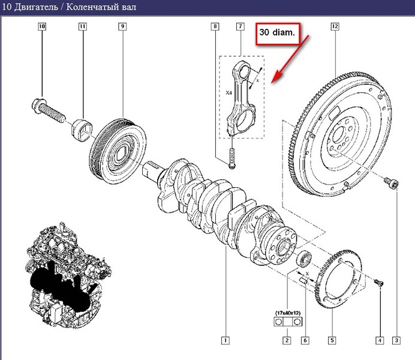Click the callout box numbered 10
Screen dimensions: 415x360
[42, 26]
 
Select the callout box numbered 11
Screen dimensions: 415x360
[83, 26]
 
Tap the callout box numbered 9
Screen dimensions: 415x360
[122, 26]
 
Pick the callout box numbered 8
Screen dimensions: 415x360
[215, 26]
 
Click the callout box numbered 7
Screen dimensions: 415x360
[240, 26]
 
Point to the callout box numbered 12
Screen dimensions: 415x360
[335, 26]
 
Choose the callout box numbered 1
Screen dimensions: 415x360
[225, 340]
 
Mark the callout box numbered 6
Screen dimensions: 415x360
[305, 340]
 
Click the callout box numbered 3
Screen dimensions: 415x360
[396, 340]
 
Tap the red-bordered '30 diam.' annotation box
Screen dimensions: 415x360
[278, 34]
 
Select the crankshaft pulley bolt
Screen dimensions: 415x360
[48, 110]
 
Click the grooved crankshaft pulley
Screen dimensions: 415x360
[118, 151]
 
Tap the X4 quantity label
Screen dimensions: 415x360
[228, 93]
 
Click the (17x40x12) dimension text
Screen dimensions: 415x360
[288, 313]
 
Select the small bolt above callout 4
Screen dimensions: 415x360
[379, 283]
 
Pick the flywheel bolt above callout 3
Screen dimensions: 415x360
[392, 183]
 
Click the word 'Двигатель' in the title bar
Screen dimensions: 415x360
[36, 7]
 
